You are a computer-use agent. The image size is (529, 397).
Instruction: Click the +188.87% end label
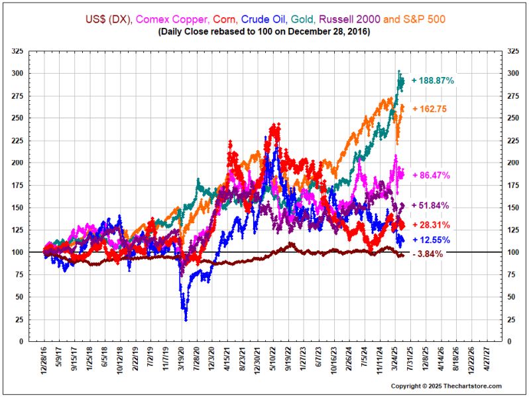click(x=432, y=80)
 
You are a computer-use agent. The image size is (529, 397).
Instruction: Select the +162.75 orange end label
click(x=432, y=108)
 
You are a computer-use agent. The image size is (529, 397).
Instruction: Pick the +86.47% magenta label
click(x=431, y=175)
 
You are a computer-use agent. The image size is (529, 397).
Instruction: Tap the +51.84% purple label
click(x=431, y=206)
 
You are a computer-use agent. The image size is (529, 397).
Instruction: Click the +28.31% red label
click(x=431, y=225)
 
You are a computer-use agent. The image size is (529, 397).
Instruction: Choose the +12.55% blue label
click(x=431, y=240)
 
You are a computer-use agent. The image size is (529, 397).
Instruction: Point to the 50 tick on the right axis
click(x=511, y=297)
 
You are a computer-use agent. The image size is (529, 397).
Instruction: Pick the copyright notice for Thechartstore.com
click(x=445, y=386)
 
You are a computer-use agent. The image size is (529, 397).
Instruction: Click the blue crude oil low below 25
click(x=186, y=319)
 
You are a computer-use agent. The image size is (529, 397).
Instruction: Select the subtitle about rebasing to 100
click(x=264, y=31)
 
